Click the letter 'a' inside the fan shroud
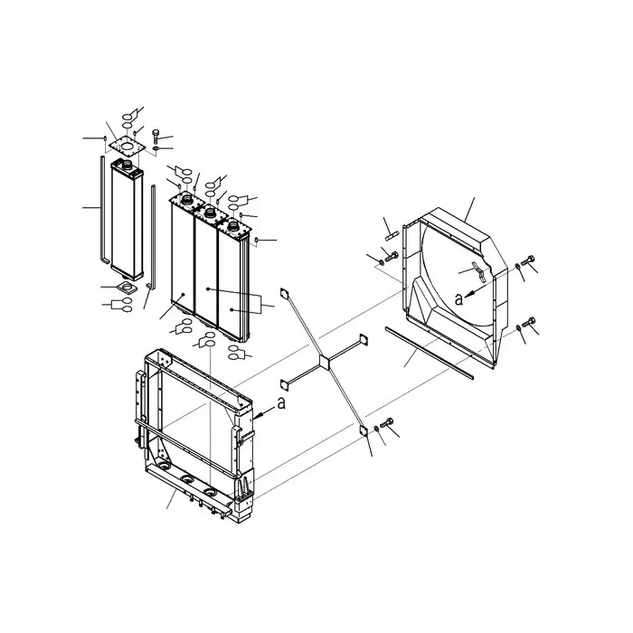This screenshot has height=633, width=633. click(459, 298)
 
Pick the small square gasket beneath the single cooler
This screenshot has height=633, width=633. click(125, 288)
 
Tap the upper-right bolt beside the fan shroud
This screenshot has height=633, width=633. click(530, 265)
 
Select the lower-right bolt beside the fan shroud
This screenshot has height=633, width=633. click(530, 325)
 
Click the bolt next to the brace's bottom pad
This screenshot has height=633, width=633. click(390, 424)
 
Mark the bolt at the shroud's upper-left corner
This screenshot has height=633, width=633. click(390, 260)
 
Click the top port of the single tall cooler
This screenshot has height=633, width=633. click(124, 165)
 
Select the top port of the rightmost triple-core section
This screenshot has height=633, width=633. click(234, 222)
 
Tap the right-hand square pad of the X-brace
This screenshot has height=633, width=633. click(364, 340)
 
